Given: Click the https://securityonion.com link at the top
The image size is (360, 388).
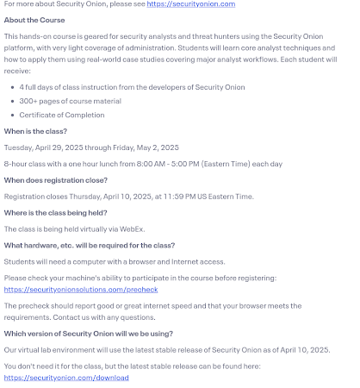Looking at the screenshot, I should (x=191, y=4).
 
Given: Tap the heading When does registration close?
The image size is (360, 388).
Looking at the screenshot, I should (x=55, y=179).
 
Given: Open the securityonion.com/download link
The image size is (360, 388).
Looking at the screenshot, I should (x=65, y=378).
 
